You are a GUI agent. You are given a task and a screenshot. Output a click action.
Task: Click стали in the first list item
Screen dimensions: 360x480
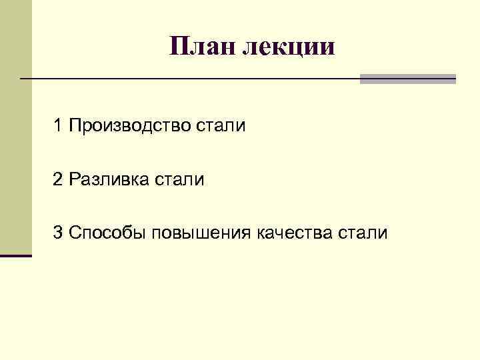pos(221,125)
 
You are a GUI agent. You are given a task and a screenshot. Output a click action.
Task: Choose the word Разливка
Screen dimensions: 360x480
pos(109,179)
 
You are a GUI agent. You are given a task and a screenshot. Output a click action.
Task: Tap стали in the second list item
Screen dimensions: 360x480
pos(180,179)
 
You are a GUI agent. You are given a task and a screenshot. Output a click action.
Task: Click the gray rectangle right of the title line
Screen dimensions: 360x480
pos(407,79)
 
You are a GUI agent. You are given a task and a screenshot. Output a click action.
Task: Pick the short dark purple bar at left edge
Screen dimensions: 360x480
pos(16,255)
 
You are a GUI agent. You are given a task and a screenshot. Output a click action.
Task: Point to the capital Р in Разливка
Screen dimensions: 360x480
pos(74,179)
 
